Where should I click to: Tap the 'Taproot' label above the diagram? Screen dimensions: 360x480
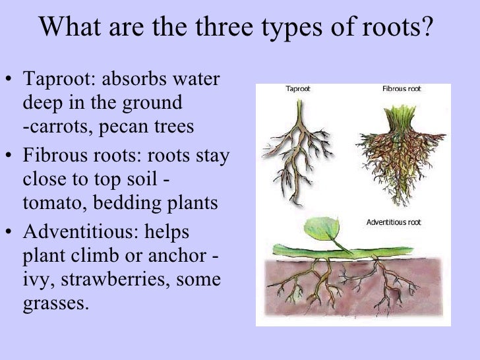297,88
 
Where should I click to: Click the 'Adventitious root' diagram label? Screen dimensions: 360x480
394,222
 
